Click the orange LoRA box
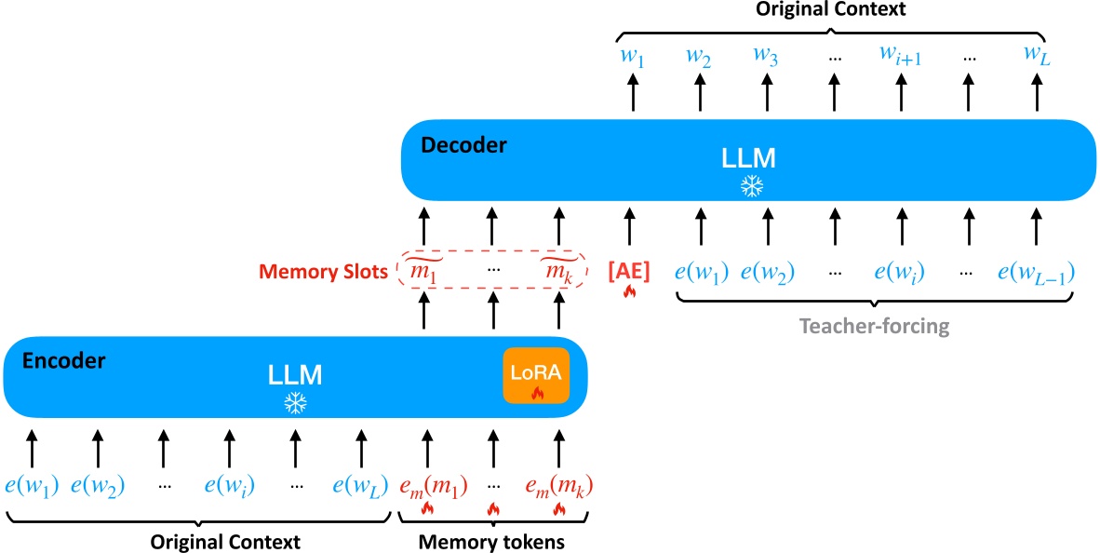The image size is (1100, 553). coord(536,375)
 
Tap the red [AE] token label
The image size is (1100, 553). coord(628,271)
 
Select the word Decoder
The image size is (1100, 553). coord(463,145)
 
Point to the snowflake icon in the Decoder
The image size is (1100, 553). coord(750,186)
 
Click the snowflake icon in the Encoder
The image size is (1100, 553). coord(295,403)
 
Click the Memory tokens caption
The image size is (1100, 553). coord(490,542)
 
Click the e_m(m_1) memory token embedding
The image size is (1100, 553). coord(427,485)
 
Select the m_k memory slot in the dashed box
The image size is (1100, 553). coord(558,271)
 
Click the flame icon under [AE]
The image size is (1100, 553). coord(628,290)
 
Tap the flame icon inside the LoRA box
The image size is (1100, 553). coord(536,394)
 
